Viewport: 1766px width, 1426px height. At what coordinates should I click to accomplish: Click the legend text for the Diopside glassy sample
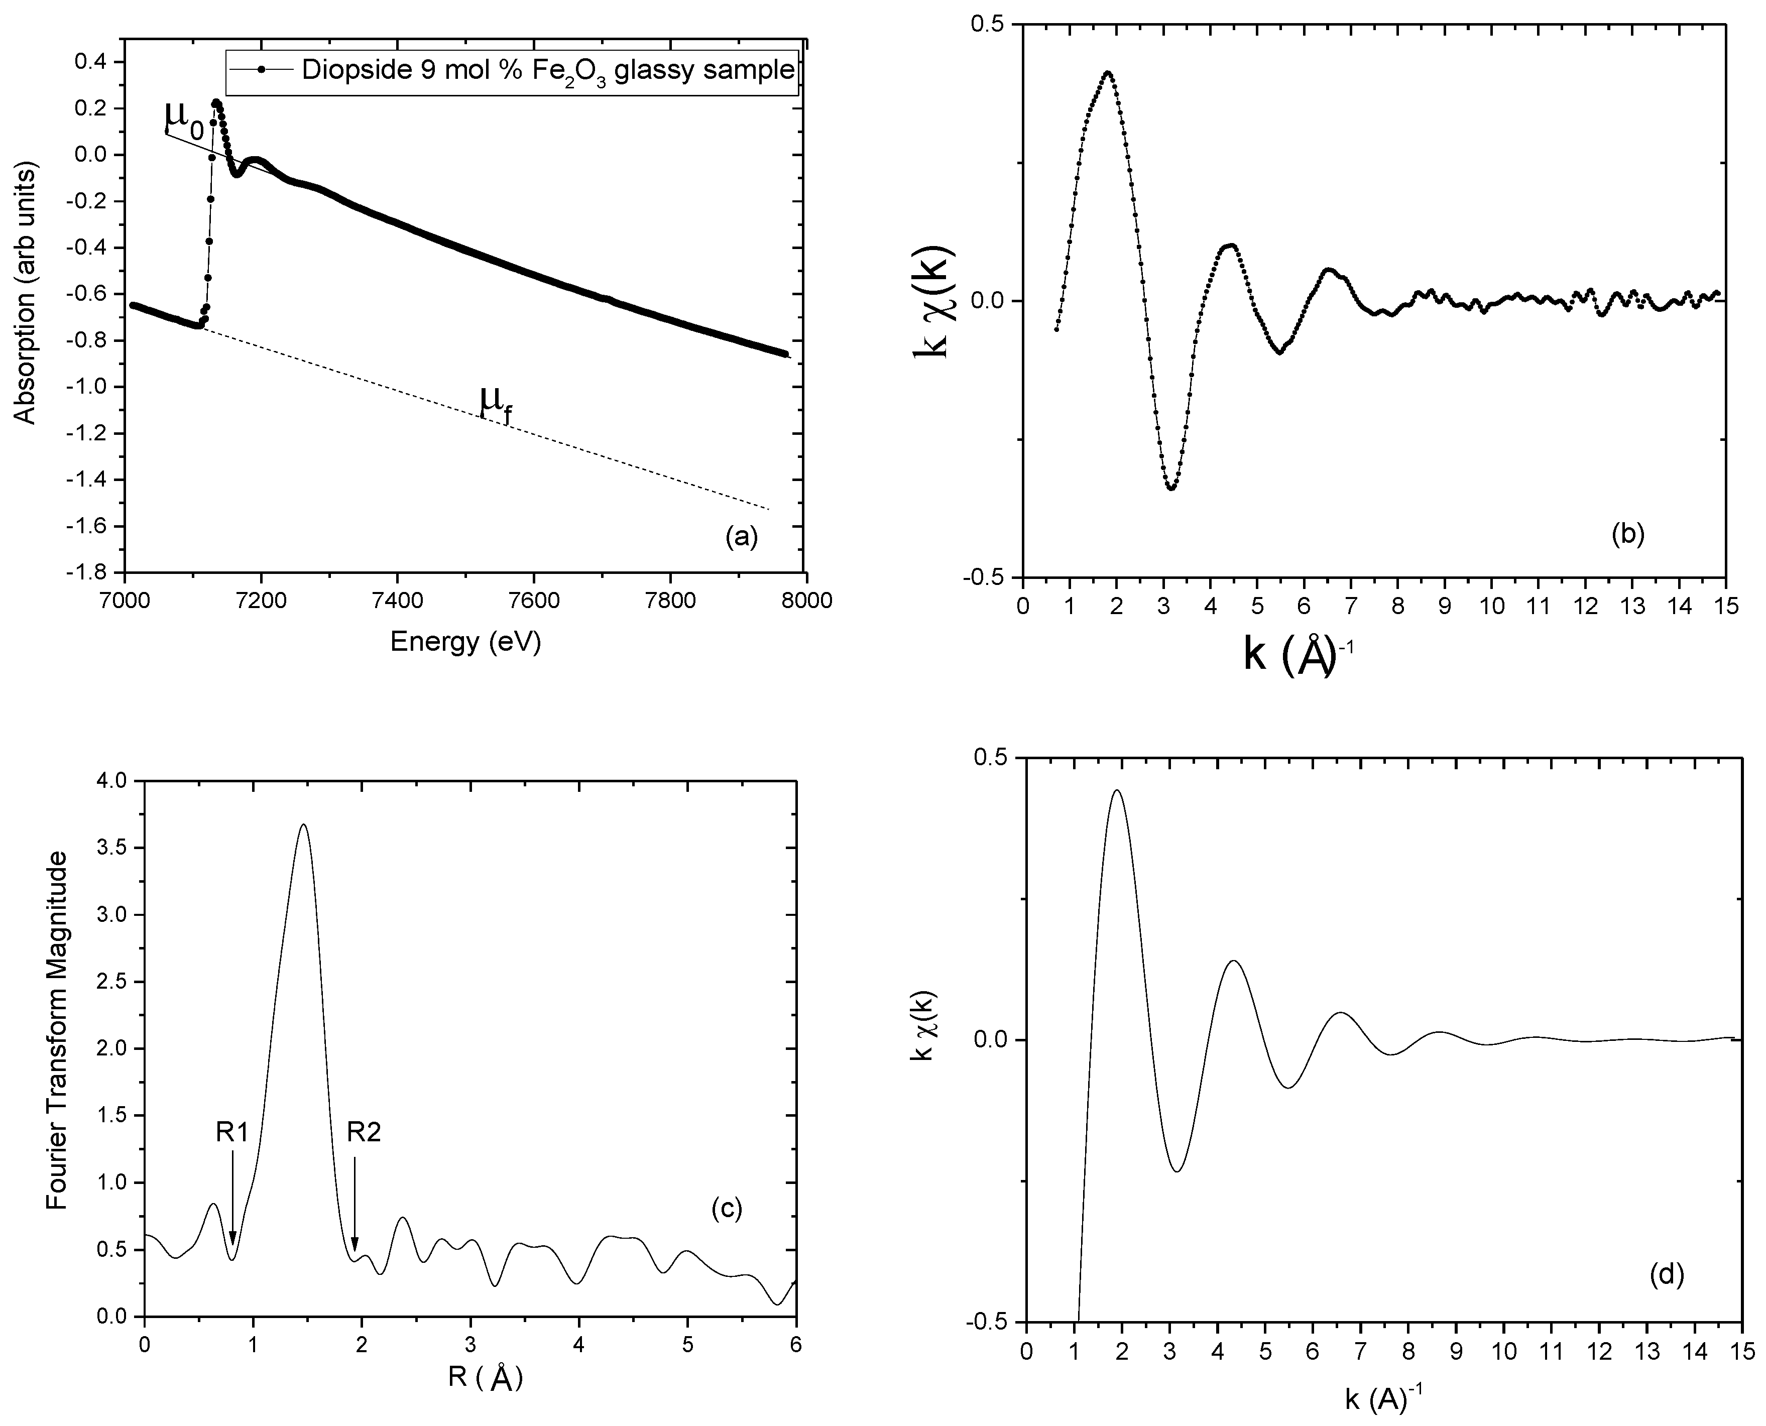[x=548, y=71]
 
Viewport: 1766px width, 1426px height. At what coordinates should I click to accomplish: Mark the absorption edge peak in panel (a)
[x=216, y=102]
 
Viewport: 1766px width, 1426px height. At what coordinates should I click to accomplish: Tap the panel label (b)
[x=1627, y=535]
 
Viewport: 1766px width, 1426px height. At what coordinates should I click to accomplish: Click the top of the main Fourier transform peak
[x=304, y=824]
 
